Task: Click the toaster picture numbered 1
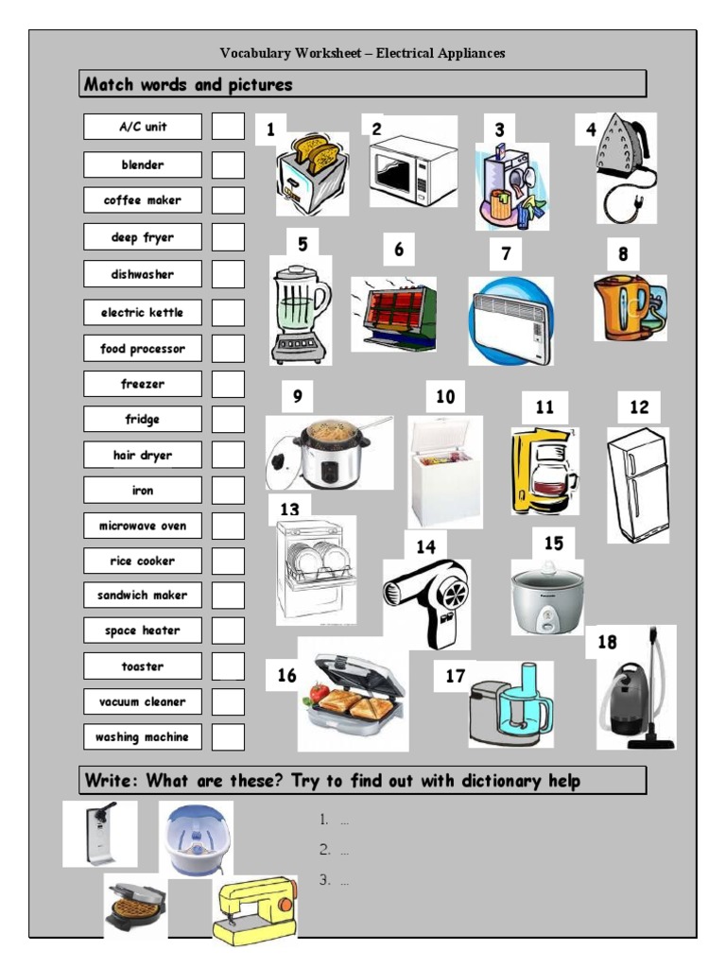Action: click(311, 174)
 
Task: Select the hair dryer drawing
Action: click(426, 601)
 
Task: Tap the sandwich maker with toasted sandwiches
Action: click(351, 697)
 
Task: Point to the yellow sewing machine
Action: click(253, 909)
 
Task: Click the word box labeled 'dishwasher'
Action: click(142, 274)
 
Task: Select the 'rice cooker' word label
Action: click(142, 561)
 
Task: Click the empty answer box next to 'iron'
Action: click(227, 491)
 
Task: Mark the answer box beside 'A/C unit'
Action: click(227, 127)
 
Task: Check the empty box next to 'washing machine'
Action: click(227, 736)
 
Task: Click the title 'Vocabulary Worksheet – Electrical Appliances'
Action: click(363, 53)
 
